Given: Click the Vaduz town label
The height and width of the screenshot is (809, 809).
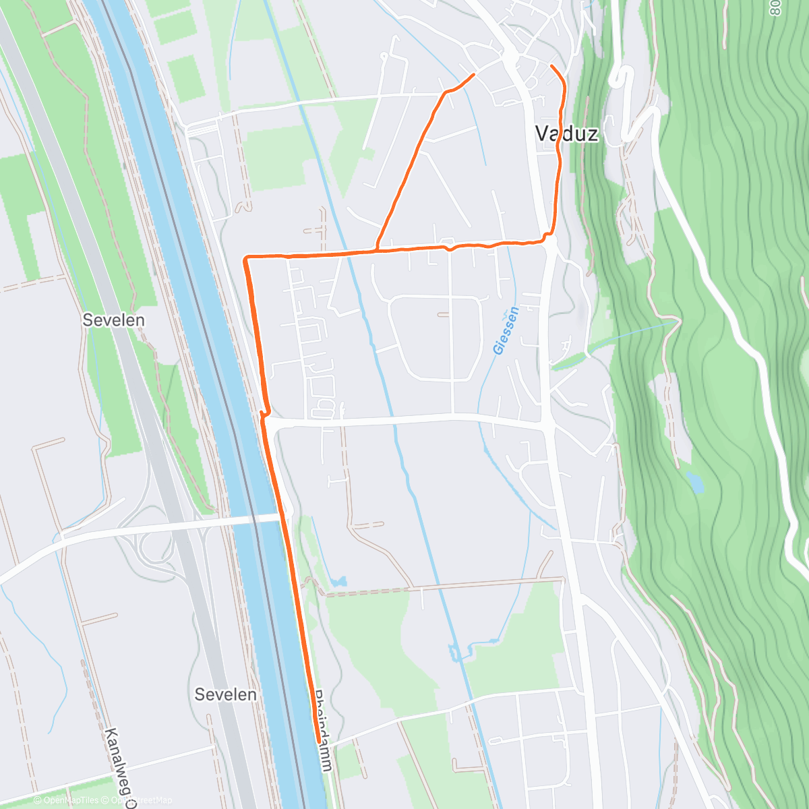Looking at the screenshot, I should (x=566, y=133).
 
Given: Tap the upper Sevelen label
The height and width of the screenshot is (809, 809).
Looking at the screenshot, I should (x=113, y=320).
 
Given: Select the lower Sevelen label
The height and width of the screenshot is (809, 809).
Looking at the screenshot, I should (x=225, y=694).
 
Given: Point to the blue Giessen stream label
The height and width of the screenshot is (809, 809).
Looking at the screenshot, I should (x=506, y=330).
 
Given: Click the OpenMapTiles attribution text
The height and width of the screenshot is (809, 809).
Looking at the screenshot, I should (x=71, y=800).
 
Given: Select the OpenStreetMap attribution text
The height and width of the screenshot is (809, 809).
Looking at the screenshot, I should (x=142, y=800).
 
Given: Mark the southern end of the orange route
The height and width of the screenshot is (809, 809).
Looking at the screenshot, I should (x=318, y=741).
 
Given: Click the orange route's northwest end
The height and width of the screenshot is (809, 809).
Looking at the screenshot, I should (x=474, y=73).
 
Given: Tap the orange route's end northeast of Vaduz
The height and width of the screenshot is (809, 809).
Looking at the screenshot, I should (x=552, y=66).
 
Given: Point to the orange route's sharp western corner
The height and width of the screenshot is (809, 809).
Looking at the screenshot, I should (x=246, y=258).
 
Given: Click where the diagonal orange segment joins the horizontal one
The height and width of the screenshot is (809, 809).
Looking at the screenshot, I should (x=377, y=250).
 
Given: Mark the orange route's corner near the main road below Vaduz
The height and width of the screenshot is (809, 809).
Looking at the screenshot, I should (x=549, y=236).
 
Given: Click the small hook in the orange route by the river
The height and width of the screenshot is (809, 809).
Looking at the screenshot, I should (x=265, y=413).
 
